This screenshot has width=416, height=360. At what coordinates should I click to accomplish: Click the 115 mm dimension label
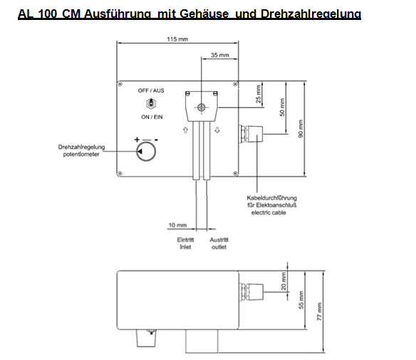coord(177,39)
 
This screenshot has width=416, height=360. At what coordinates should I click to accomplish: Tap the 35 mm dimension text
coord(219,55)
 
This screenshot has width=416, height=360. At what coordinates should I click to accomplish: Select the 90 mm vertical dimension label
coord(301,128)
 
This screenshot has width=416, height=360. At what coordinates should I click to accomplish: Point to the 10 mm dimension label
coord(177,225)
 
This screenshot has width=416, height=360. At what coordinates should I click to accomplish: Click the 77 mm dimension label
coord(319,312)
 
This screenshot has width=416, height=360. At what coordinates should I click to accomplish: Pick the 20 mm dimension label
coord(284,281)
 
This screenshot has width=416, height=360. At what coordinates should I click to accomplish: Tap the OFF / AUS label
coord(151,91)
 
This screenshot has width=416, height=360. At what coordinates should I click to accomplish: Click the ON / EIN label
coord(152,117)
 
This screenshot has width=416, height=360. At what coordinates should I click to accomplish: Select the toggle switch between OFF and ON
coord(151,103)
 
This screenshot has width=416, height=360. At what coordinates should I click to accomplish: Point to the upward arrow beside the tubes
coord(185,130)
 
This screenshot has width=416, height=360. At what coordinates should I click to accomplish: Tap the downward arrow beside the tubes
coord(217,130)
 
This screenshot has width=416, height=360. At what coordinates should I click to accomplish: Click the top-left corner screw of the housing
coord(120,84)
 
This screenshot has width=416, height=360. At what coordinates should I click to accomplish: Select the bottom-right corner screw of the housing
coord(235,173)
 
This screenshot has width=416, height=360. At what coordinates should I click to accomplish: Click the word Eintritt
coord(185,240)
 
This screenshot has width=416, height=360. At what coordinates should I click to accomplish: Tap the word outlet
coord(219,247)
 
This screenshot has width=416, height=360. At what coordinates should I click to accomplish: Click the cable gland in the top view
coord(251,134)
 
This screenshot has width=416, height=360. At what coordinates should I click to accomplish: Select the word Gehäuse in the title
coord(204,14)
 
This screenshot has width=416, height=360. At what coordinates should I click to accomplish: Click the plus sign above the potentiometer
coord(137,140)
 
